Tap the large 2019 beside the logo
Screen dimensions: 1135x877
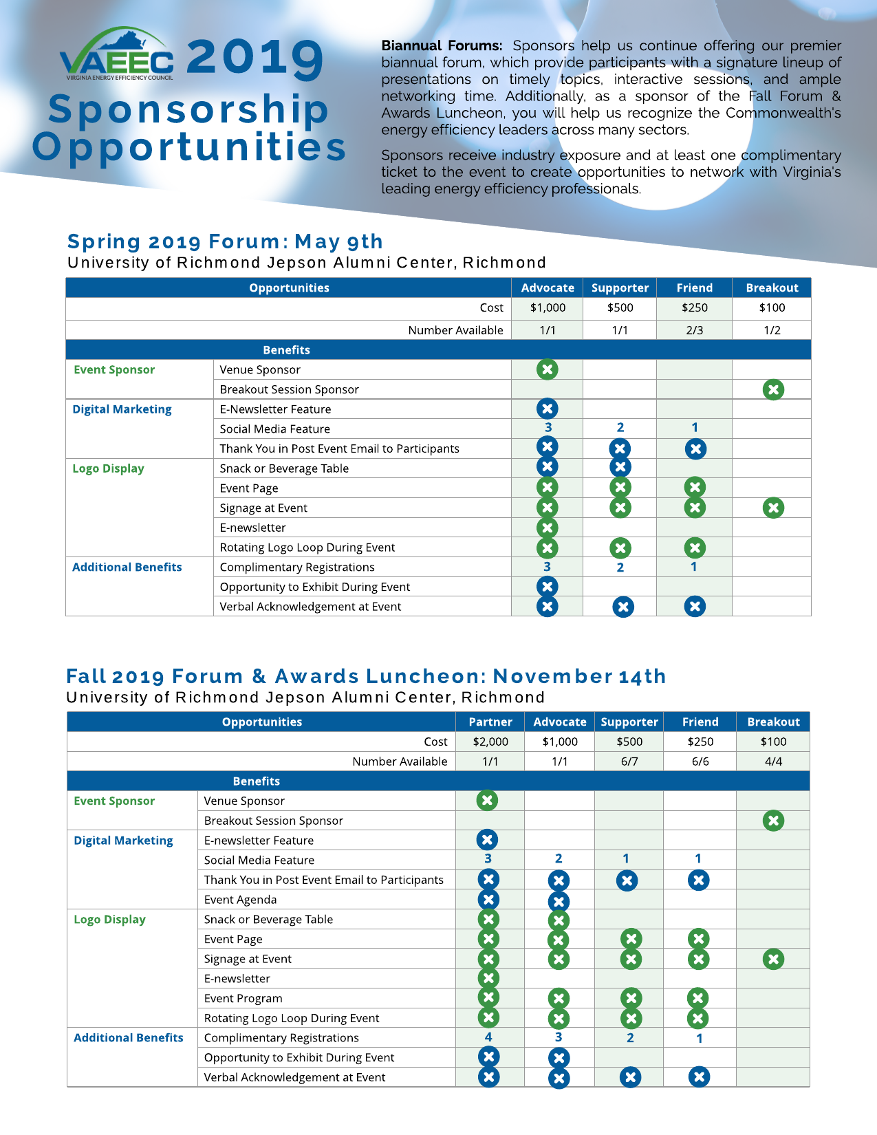pos(255,57)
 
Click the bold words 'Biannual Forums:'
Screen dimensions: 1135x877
pos(442,46)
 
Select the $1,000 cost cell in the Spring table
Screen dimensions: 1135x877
pos(548,308)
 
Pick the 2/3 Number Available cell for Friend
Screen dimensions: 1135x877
pos(694,330)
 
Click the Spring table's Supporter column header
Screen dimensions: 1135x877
pos(620,288)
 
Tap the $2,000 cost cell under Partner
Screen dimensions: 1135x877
pos(490,742)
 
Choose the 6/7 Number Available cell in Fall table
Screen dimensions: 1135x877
pos(629,761)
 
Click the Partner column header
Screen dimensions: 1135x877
pos(490,722)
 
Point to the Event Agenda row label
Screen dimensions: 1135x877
pos(240,900)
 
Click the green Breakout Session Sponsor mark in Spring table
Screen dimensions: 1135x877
pos(773,389)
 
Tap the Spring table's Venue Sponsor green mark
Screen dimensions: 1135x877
pos(548,369)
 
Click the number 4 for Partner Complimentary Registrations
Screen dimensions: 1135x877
pos(488,1037)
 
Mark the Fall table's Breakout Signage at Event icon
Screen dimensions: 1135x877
pos(773,959)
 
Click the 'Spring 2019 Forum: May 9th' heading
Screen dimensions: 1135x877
pos(225,241)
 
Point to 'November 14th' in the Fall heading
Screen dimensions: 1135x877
pos(579,676)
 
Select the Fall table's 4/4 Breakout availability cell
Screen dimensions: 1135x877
pos(773,761)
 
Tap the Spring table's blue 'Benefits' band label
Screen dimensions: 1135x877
pos(286,350)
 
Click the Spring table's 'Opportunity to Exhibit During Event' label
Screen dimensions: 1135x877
pos(314,587)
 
